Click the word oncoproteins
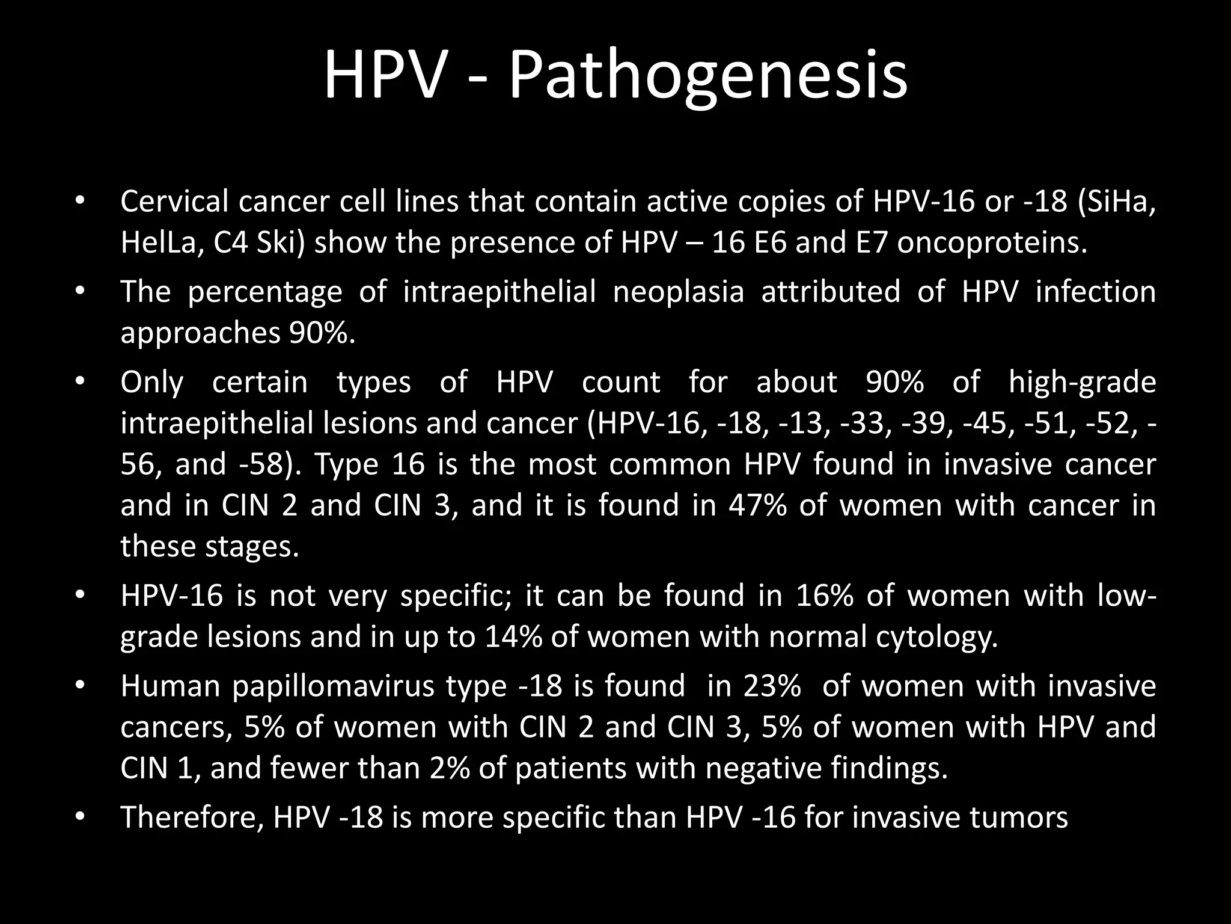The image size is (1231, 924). [992, 242]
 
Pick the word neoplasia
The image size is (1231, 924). [678, 292]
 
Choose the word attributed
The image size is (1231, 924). [831, 292]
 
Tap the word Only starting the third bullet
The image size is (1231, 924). [152, 382]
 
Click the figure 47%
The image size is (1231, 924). [757, 505]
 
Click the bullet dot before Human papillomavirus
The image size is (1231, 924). [79, 686]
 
